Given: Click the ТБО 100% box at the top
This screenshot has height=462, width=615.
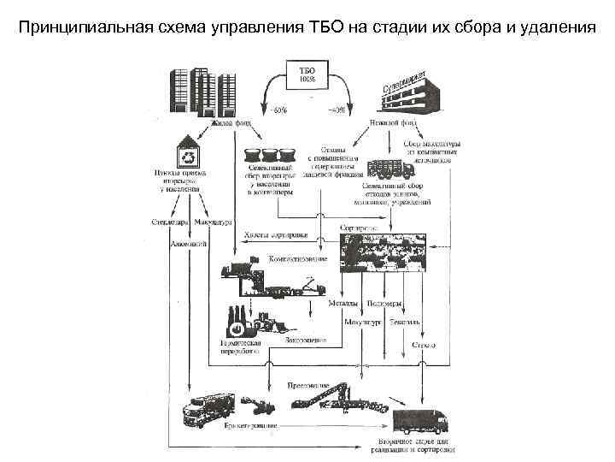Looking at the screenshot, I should (307, 74).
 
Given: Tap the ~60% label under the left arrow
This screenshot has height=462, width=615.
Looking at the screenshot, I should (278, 109).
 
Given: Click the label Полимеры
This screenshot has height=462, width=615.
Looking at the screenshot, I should (383, 304).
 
